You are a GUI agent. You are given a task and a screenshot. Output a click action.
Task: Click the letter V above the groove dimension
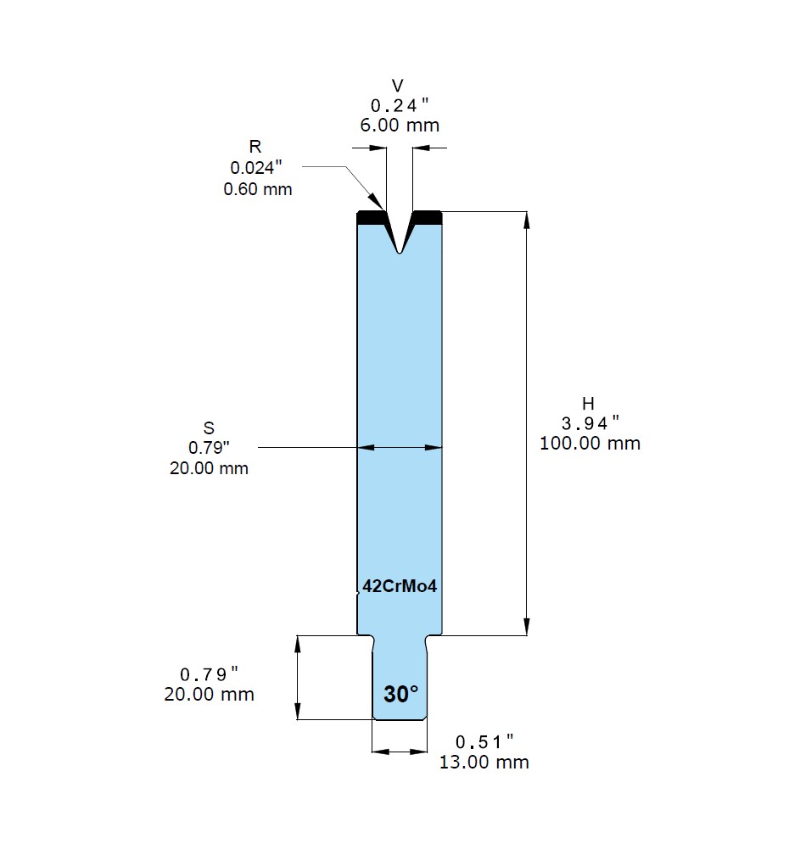(398, 86)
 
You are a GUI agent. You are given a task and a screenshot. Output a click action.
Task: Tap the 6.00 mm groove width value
(400, 126)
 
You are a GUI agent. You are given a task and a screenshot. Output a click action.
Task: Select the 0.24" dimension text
(400, 105)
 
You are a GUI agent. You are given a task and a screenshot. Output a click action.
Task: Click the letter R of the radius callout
(255, 147)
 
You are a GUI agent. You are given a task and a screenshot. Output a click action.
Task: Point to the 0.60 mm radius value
(258, 189)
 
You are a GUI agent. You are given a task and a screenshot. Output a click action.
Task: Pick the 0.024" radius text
(256, 168)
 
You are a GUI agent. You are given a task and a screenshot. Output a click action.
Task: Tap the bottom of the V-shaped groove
(400, 253)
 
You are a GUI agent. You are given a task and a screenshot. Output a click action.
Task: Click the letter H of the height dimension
(588, 404)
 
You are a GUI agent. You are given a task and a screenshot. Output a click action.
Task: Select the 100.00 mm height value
(590, 444)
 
